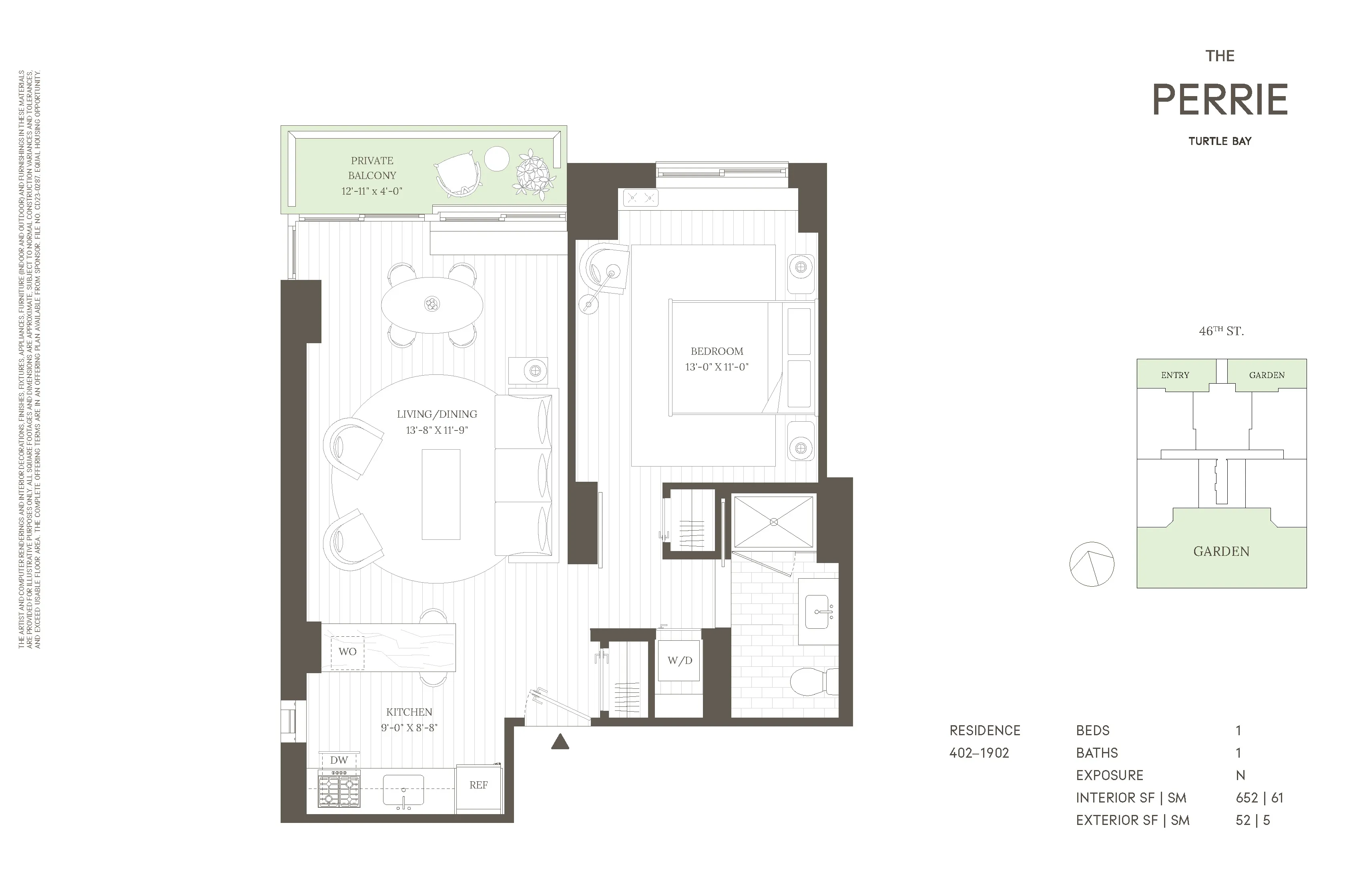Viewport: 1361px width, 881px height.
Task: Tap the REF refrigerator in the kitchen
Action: (x=479, y=785)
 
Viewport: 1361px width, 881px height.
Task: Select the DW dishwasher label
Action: (x=339, y=760)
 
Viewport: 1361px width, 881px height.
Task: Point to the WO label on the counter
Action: (x=347, y=652)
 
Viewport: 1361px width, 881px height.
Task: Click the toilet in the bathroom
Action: (x=812, y=681)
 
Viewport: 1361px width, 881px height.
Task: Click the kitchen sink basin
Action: (x=403, y=789)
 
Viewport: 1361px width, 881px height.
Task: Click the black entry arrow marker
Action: (x=560, y=742)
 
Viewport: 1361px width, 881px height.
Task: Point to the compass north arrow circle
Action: (x=1092, y=564)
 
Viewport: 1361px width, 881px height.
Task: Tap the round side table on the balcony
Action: (x=496, y=159)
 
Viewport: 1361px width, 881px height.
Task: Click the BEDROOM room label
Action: (x=717, y=351)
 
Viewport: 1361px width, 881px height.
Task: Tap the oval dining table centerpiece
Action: (x=432, y=304)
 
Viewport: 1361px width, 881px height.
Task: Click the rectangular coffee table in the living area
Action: (x=441, y=494)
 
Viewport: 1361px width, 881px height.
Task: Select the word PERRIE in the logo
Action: (x=1220, y=100)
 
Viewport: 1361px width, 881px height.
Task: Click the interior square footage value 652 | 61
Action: (x=1259, y=798)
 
